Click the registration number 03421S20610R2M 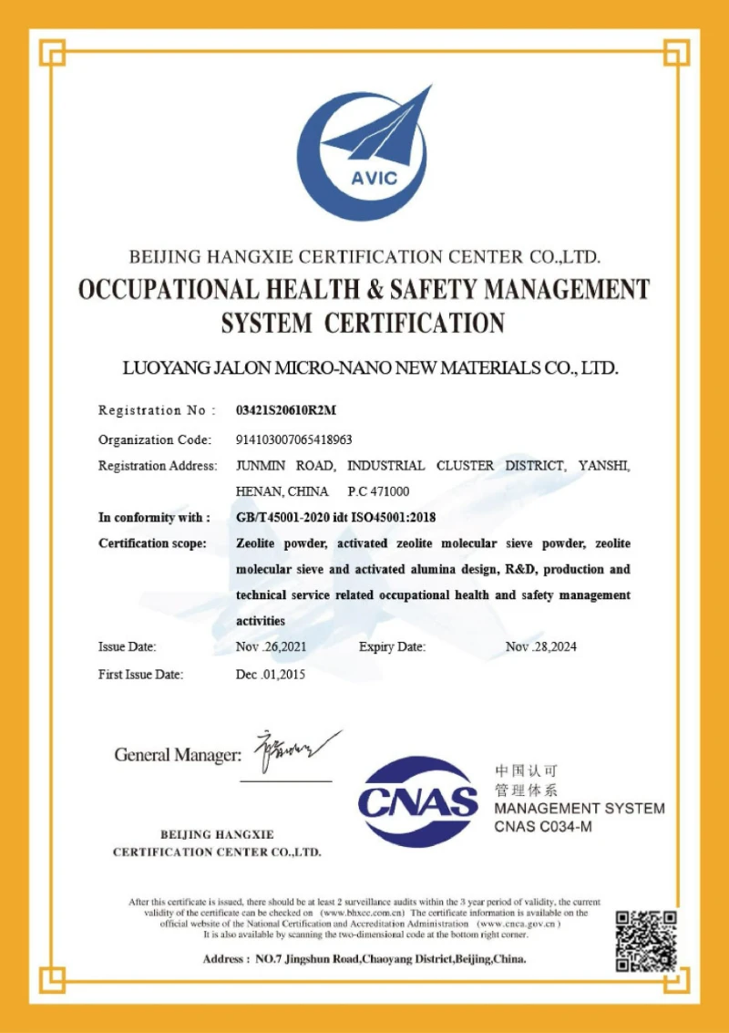(285, 410)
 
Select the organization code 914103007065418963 (293, 439)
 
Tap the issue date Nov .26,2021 (272, 647)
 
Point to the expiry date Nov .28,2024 (541, 647)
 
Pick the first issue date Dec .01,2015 (271, 676)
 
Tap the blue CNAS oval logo (418, 801)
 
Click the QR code (646, 940)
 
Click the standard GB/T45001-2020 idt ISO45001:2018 (335, 518)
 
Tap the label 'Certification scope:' (152, 544)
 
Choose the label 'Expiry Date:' (392, 647)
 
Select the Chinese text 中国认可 (525, 770)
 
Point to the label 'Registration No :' (157, 410)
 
